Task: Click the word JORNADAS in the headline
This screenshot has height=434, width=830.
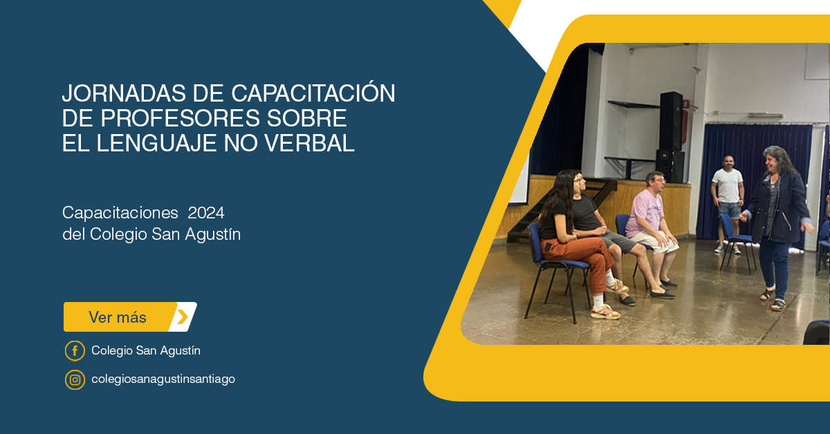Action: [x=124, y=93]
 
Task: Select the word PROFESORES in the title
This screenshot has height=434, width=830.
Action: [x=181, y=118]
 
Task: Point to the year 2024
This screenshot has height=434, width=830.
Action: [x=205, y=213]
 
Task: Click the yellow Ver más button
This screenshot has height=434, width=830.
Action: [x=130, y=317]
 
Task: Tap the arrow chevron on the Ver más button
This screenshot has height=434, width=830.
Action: [x=183, y=317]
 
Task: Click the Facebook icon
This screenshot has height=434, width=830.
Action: [x=75, y=350]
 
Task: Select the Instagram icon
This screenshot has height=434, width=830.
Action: [x=75, y=380]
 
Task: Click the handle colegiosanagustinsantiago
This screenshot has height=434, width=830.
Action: [x=163, y=379]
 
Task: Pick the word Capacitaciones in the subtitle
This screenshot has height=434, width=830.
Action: [x=120, y=214]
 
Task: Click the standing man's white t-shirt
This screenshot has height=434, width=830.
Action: [x=728, y=186]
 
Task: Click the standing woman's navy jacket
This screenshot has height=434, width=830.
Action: [x=778, y=207]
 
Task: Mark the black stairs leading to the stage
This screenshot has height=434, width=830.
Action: [x=560, y=211]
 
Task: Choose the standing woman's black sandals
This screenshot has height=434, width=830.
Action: [x=773, y=299]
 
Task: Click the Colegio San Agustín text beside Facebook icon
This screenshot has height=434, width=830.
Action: [x=146, y=350]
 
